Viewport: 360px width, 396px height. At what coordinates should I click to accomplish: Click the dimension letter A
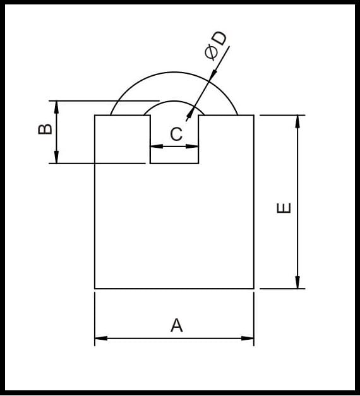pos(177,325)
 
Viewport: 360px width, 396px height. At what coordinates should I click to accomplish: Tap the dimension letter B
pos(45,129)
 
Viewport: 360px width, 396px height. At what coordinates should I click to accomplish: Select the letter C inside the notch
pos(176,134)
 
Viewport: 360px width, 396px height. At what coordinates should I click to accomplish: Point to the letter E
pos(284,208)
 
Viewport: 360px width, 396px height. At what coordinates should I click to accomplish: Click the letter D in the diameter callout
pos(219,39)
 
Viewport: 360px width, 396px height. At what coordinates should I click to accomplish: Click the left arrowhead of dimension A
pos(101,338)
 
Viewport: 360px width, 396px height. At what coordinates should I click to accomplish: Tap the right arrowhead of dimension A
pos(248,338)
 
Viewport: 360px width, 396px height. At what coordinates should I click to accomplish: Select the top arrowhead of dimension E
pos(297,121)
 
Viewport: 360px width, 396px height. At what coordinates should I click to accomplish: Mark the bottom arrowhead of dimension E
pos(297,282)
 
